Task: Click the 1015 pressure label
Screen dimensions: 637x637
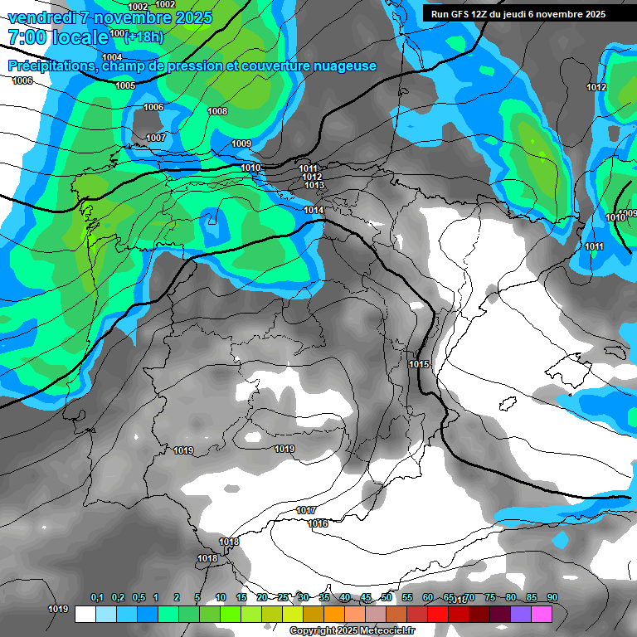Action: point(419,365)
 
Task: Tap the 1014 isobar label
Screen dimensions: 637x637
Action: point(314,211)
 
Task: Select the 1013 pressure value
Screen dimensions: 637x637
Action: point(314,185)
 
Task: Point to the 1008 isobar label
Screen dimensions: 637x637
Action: point(217,111)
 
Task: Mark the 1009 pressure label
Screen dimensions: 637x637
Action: point(241,144)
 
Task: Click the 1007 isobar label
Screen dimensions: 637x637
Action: point(156,138)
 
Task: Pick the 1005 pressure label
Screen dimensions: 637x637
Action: point(125,85)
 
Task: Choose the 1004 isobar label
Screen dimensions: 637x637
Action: point(112,57)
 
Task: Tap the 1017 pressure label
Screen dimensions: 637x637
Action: point(306,510)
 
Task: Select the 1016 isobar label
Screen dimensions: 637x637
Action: point(318,523)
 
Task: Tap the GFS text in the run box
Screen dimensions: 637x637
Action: point(460,14)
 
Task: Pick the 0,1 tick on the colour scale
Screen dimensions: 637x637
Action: point(96,598)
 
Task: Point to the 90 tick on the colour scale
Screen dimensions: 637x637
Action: point(552,598)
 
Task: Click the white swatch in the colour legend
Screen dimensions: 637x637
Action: point(85,614)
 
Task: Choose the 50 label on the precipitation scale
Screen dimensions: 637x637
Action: point(387,598)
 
